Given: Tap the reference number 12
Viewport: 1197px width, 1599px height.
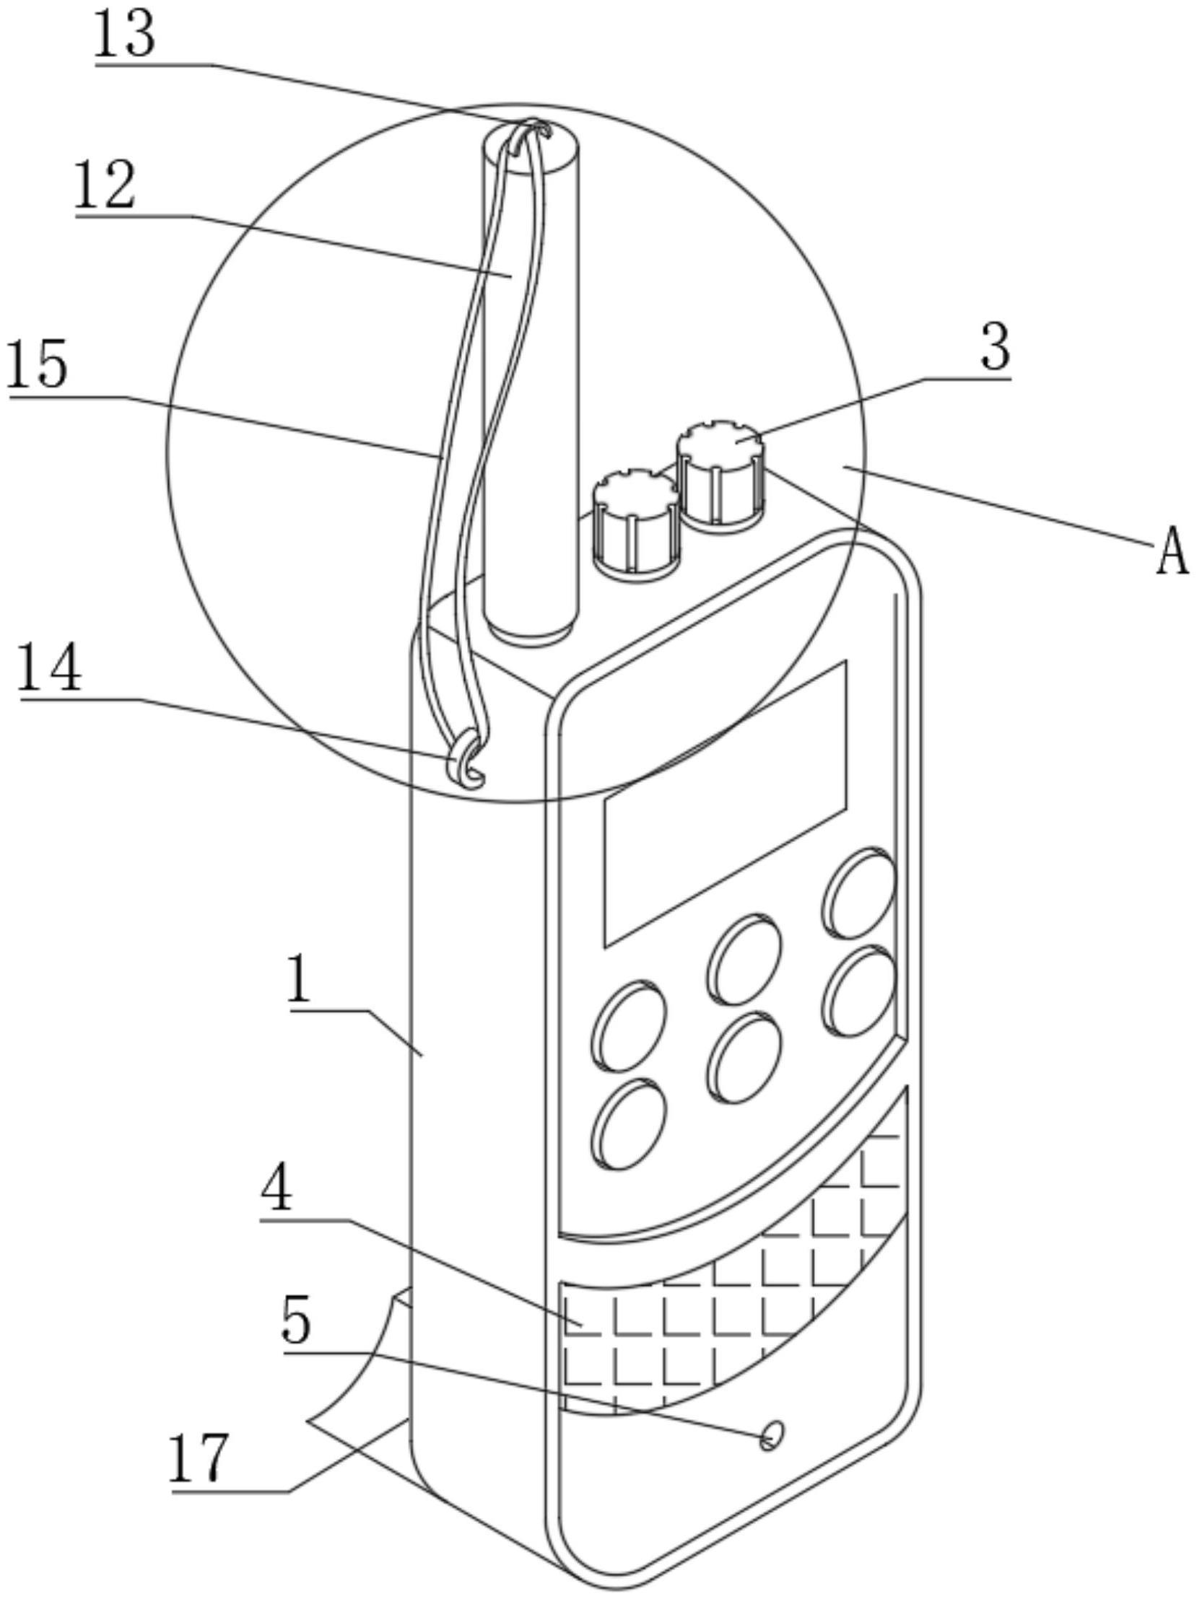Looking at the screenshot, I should (105, 185).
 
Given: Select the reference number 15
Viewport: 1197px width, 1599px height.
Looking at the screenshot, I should (38, 365).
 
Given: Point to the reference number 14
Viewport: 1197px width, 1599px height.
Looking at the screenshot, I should (50, 670).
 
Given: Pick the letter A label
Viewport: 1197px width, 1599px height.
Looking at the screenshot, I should (1172, 551).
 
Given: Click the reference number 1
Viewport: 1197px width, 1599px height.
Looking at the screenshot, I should (300, 979).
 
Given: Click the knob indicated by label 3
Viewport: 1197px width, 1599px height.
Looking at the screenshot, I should (719, 474).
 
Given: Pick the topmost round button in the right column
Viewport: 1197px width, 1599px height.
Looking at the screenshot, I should (858, 893).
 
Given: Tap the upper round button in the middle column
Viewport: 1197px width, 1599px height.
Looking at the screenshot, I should (744, 958).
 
